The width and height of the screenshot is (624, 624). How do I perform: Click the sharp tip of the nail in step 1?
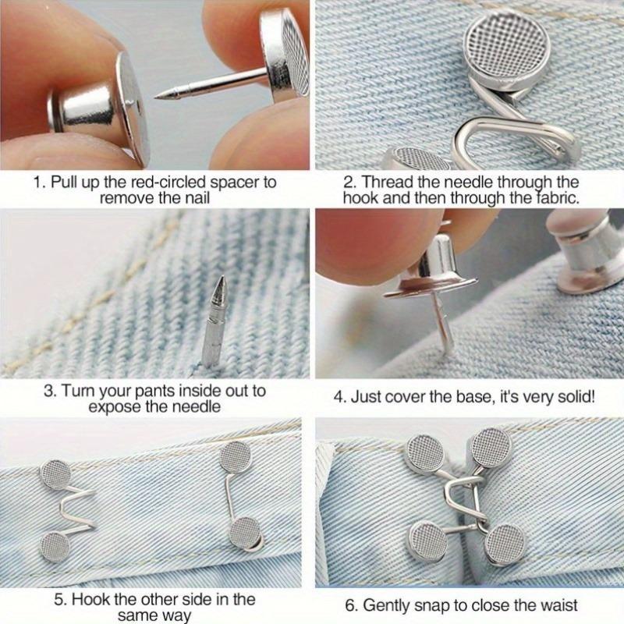click(156, 96)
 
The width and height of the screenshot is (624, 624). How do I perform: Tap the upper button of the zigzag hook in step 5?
click(55, 472)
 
